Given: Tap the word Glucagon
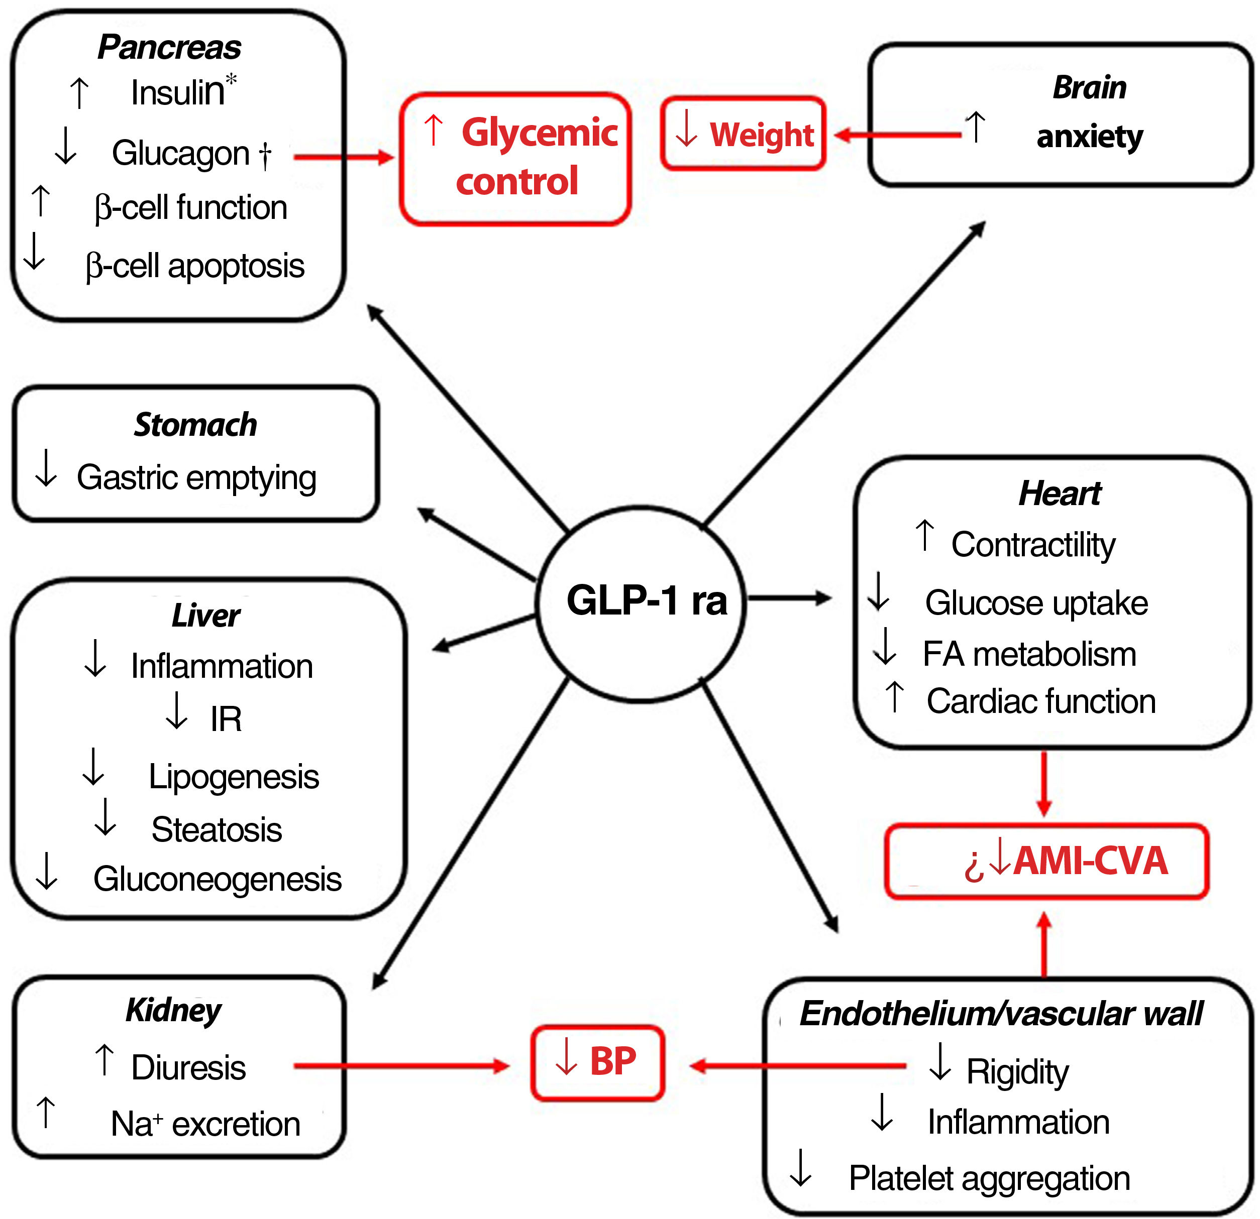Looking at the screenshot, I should [x=181, y=154].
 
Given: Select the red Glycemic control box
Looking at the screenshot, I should [x=515, y=159].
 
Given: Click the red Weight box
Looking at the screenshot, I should [x=743, y=135].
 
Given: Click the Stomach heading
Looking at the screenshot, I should [x=195, y=425].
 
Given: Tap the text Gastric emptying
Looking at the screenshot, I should [x=197, y=478].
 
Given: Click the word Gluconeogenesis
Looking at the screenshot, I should [x=218, y=879].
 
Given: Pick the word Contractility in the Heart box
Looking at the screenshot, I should [x=1033, y=545].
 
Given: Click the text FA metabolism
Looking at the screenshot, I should [x=1029, y=654].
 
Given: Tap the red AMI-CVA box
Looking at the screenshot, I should [x=1046, y=861].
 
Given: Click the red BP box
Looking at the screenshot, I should [x=597, y=1061].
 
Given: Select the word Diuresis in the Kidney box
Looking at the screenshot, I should [x=188, y=1068].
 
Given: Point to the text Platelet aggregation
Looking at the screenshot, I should [x=989, y=1178].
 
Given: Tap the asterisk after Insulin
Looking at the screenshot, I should [x=231, y=80].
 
